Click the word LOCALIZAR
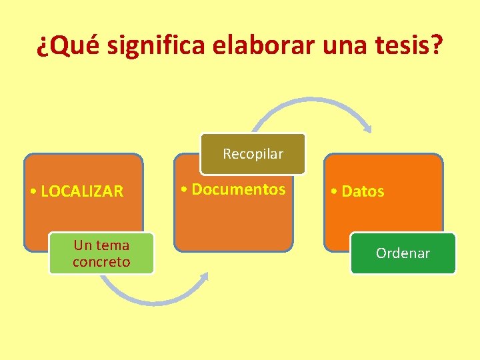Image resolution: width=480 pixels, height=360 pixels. click(x=82, y=192)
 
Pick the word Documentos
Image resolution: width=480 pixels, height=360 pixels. click(x=238, y=189)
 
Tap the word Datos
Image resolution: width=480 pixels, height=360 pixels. click(x=363, y=192)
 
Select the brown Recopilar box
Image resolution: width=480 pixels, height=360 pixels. click(x=253, y=154)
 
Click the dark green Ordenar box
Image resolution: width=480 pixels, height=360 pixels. click(x=403, y=253)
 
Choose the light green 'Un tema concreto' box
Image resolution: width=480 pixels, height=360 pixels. click(x=101, y=253)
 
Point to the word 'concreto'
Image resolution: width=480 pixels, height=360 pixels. click(x=101, y=262)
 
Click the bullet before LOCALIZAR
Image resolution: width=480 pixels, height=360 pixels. click(x=33, y=193)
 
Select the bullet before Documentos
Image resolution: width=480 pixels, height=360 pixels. click(x=184, y=190)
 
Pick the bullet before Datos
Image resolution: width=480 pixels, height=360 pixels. click(x=334, y=193)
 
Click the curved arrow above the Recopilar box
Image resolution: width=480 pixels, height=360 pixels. click(x=307, y=102)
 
